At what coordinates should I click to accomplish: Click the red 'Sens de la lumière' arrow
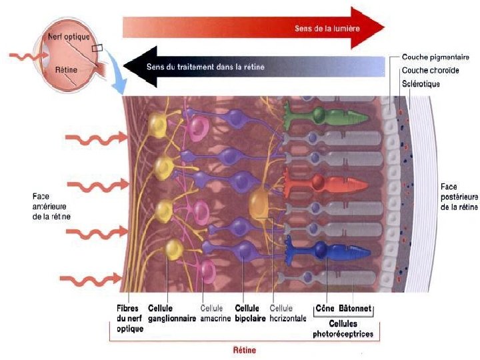(x=253, y=28)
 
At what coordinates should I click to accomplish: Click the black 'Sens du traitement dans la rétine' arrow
(x=253, y=66)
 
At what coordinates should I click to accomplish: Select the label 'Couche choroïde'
(x=430, y=71)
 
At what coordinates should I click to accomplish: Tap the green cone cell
(x=327, y=117)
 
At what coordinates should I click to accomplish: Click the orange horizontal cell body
(x=261, y=203)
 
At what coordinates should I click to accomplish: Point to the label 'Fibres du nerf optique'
(x=129, y=318)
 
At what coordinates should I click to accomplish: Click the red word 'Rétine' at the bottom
(x=244, y=350)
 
